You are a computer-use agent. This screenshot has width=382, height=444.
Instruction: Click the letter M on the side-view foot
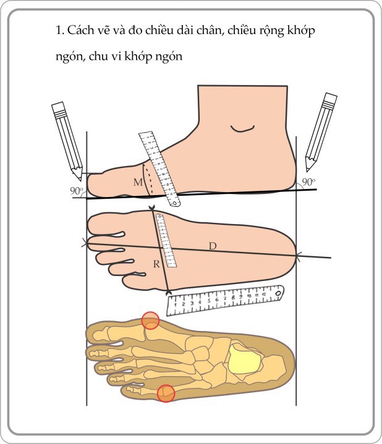[x=138, y=182]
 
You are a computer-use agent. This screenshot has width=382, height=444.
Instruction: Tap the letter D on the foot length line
[x=213, y=246]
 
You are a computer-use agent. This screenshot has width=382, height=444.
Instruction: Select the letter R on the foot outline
[x=156, y=264]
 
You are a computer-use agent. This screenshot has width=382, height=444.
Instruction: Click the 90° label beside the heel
[x=308, y=182]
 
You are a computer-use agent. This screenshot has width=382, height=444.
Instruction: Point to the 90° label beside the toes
[x=77, y=191]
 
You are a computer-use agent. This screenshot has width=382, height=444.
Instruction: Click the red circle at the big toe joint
[x=150, y=320]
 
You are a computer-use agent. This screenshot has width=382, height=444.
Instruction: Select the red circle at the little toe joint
[x=166, y=393]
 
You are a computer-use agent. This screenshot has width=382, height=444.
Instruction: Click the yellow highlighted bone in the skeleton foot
[x=245, y=359]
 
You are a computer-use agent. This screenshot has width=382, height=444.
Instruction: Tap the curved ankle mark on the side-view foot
[x=242, y=130]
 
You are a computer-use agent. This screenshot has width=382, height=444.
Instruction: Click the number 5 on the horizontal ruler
[x=209, y=301]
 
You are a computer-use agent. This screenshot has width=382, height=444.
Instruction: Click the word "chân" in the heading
[x=208, y=30]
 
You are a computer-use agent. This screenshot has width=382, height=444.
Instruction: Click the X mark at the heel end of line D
[x=297, y=256]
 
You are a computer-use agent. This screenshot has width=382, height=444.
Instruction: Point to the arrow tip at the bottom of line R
[x=169, y=292]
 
